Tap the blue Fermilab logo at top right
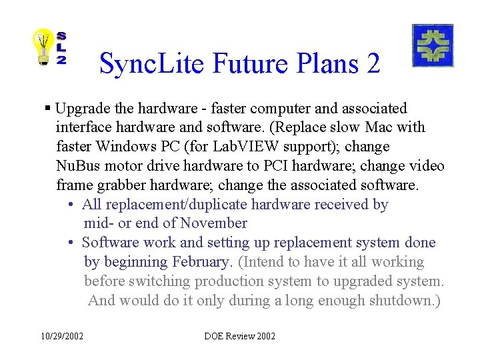click(433, 45)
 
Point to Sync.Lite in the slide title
click(152, 64)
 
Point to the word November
click(213, 223)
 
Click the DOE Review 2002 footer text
click(239, 336)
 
